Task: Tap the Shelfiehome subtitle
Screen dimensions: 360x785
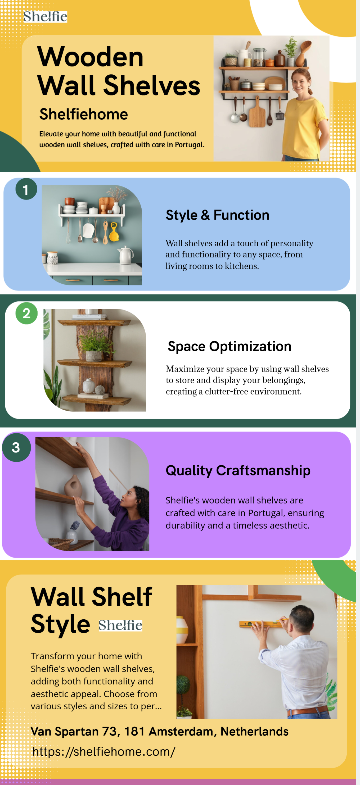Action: tap(84, 114)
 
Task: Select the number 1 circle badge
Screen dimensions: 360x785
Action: tap(26, 189)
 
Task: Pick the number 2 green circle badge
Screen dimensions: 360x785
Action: tap(26, 313)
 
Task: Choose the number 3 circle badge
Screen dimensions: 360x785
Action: tap(16, 447)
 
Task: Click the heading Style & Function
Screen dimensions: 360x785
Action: tap(217, 215)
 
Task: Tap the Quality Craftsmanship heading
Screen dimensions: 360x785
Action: tap(238, 470)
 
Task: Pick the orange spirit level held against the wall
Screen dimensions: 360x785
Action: tap(264, 624)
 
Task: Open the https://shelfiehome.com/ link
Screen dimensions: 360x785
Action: tap(104, 751)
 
